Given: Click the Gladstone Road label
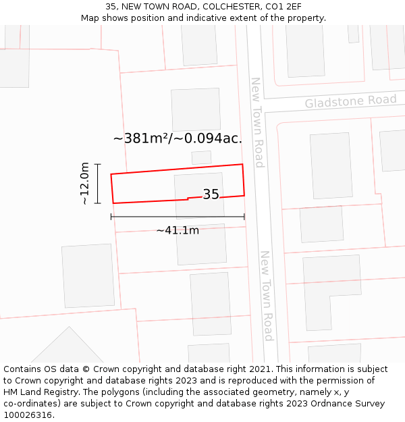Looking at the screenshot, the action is click(350, 101).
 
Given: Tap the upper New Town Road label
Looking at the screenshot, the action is click(257, 122).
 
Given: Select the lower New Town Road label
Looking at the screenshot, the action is click(267, 296).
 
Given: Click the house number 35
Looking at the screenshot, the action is click(211, 194).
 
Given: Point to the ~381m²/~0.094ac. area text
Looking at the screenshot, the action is click(178, 138).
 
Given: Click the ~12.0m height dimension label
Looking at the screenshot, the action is click(84, 183).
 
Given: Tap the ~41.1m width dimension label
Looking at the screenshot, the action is click(178, 230).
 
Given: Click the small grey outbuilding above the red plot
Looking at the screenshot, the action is click(201, 157).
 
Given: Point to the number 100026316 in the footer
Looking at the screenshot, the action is click(28, 415).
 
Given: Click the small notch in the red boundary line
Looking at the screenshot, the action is click(188, 199).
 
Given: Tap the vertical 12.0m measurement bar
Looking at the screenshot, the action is click(98, 183).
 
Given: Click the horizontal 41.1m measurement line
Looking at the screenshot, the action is click(178, 217).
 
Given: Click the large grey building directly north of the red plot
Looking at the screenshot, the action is click(196, 109).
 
